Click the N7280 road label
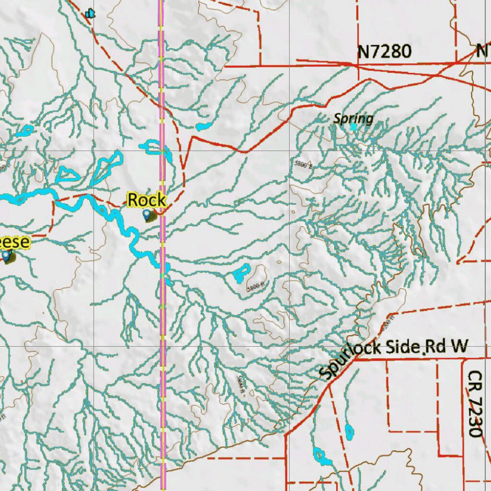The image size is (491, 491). [385, 51]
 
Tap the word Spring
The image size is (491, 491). [353, 118]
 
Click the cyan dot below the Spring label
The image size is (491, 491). [353, 127]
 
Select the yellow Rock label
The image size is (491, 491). [147, 200]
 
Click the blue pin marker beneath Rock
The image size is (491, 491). [147, 216]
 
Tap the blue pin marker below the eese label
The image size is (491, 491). [6, 257]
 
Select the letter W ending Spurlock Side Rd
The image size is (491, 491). [459, 348]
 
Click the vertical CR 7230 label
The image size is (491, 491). [475, 403]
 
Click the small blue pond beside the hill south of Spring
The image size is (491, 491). [241, 273]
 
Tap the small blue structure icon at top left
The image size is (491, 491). [90, 14]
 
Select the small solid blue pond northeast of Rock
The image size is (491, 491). [203, 127]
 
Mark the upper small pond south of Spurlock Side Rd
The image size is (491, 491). [349, 431]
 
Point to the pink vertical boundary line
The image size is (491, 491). [162, 312]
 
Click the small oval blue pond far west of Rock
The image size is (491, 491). [24, 131]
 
